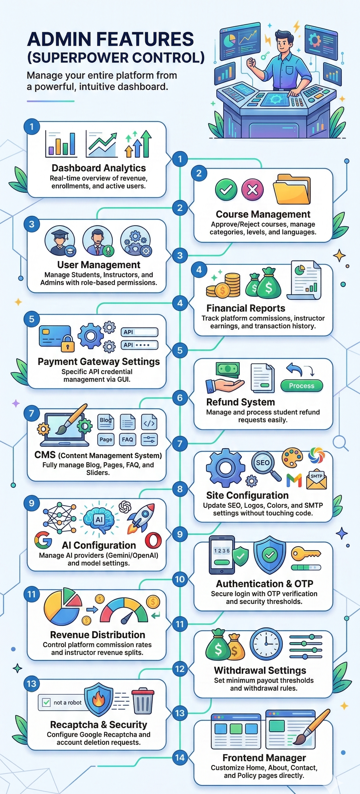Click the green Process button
click(301, 385)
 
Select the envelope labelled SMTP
click(317, 479)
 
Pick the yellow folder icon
click(291, 189)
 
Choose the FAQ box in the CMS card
click(127, 439)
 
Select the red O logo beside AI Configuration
click(154, 541)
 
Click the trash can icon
click(143, 701)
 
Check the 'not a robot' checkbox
click(46, 702)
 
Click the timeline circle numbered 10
click(180, 579)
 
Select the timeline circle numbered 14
click(180, 757)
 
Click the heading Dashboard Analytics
click(99, 168)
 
